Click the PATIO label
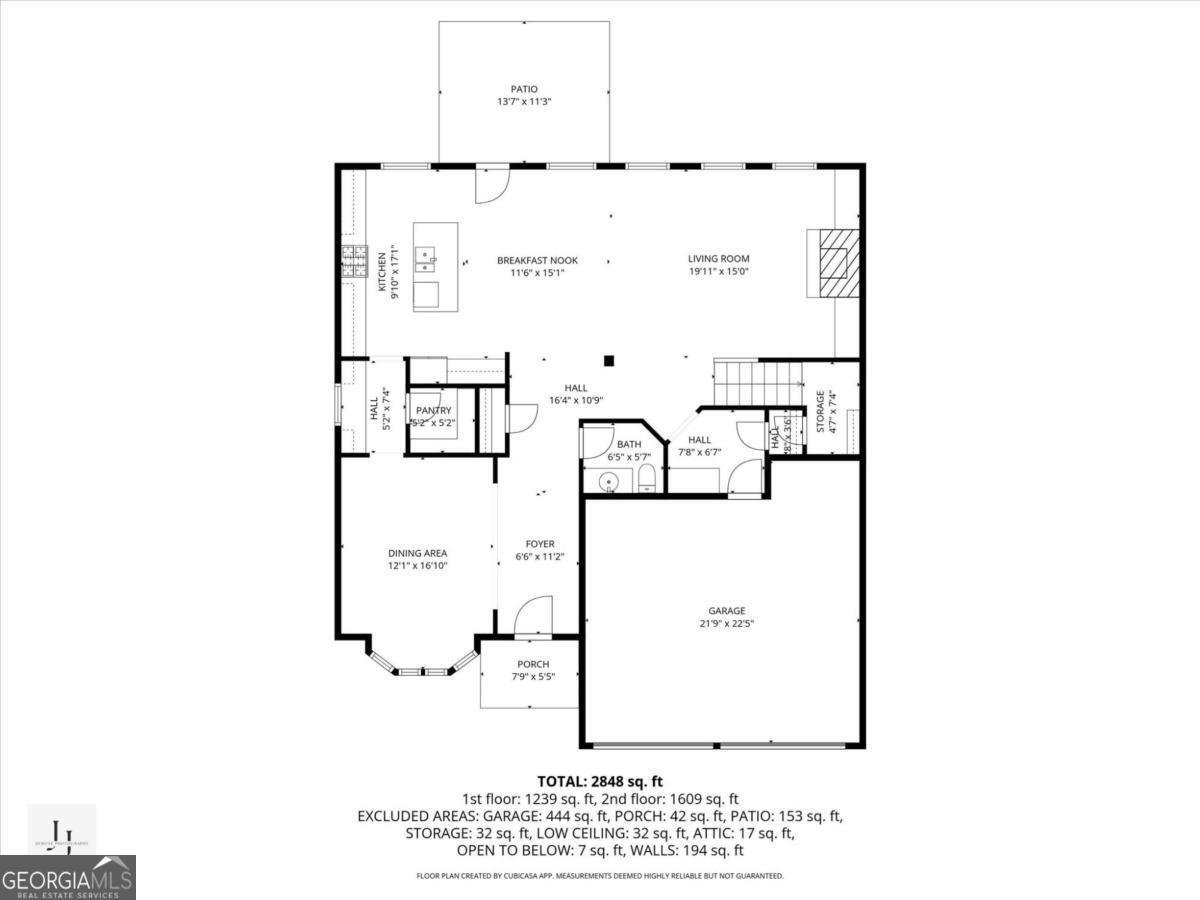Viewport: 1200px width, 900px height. pos(524,89)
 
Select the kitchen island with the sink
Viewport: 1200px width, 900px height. pos(436,266)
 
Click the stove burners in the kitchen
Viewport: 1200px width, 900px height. pos(353,262)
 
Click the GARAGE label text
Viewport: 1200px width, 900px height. pos(727,611)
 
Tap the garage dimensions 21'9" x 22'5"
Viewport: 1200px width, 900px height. pos(727,623)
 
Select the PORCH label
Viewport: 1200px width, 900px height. pos(533,665)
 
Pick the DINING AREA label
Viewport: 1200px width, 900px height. pos(417,553)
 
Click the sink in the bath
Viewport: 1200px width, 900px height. pos(607,483)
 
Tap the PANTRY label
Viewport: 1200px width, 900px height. pos(433,411)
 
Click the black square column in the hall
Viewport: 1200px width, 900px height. pos(608,361)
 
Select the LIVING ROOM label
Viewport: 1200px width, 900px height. pos(718,259)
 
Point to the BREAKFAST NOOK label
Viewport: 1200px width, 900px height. pos(537,260)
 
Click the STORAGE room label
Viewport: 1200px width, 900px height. pos(820,410)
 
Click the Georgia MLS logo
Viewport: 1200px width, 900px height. pos(67,877)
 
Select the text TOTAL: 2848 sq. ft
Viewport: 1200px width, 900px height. pos(600,781)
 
